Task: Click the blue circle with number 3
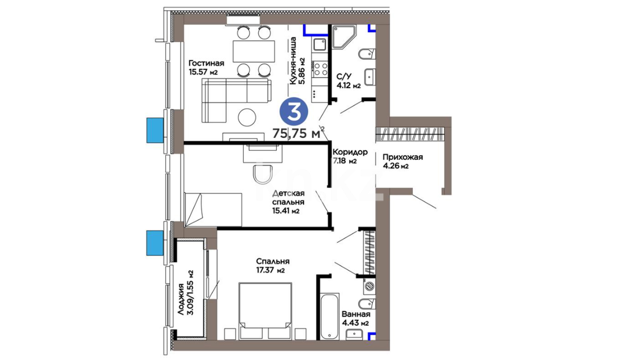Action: tap(294, 112)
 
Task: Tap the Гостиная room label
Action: tap(206, 63)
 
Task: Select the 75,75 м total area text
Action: tap(296, 133)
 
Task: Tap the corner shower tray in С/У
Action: tap(344, 37)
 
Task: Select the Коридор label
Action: tap(350, 152)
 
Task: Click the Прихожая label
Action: tap(403, 157)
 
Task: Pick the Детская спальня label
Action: tap(288, 198)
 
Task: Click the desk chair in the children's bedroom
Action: tap(263, 174)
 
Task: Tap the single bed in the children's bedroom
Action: tap(213, 210)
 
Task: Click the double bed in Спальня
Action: tap(265, 311)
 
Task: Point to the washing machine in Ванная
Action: tap(369, 286)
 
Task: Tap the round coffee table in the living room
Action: tap(247, 117)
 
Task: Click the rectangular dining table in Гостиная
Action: tap(254, 51)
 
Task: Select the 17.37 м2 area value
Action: tap(270, 270)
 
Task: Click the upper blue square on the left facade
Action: tap(155, 130)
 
